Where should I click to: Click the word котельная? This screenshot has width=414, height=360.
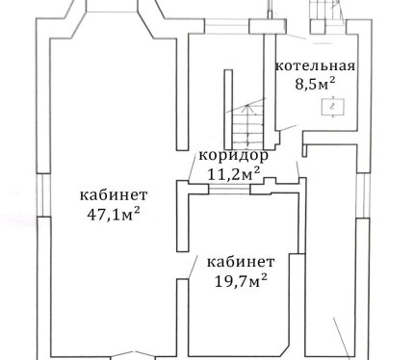316,66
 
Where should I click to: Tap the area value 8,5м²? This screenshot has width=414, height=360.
315,84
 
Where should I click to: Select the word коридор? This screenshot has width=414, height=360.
234,157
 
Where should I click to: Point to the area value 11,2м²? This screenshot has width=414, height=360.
234,174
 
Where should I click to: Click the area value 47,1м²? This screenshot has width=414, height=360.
114,214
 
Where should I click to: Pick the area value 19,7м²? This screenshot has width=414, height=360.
241,281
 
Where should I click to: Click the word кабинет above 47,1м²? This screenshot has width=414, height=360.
114,195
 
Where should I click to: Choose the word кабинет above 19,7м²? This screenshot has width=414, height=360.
241,262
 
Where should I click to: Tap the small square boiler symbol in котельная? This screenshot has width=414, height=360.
333,107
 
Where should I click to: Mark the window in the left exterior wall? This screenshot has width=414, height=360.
43,195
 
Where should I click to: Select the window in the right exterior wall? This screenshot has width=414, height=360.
364,195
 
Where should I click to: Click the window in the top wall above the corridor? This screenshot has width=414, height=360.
227,26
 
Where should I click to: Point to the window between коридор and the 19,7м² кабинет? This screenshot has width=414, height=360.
229,189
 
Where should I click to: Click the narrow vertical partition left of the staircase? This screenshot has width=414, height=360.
228,109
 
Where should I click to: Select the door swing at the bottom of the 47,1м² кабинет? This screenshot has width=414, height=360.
133,354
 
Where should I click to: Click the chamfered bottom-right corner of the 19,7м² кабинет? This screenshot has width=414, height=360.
285,350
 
